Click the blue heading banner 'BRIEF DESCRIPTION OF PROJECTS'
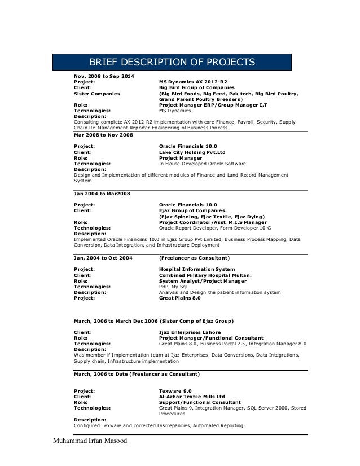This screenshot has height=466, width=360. (x=172, y=61)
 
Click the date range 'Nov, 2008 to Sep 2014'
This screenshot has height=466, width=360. (x=104, y=76)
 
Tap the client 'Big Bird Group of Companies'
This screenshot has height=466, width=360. (x=196, y=89)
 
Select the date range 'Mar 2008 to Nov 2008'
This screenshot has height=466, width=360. (x=104, y=135)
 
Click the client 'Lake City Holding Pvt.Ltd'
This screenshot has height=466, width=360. (x=192, y=152)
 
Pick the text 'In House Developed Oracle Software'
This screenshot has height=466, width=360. (x=204, y=164)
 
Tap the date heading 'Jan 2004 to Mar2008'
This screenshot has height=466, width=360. (x=102, y=194)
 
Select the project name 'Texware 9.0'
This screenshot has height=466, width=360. (x=175, y=390)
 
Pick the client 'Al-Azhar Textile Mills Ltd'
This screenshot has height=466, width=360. (x=192, y=396)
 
